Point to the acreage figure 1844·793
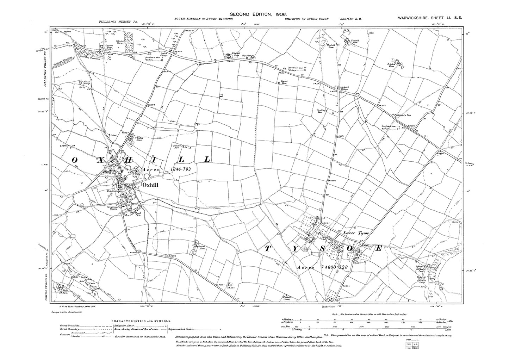[x=180, y=169]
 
